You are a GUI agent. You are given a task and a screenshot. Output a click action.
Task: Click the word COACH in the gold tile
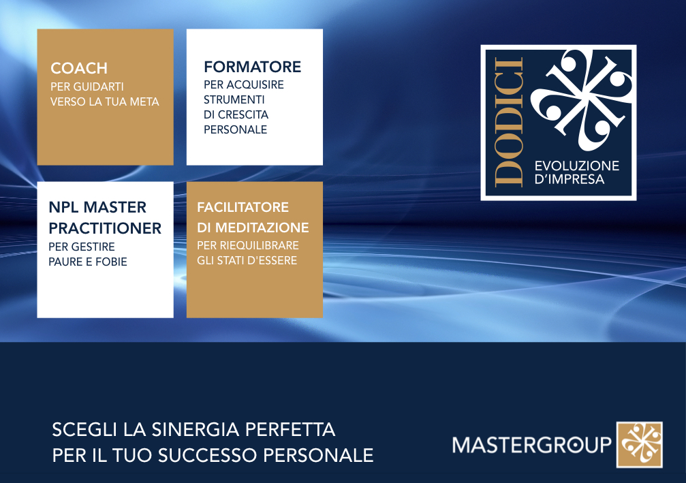pyautogui.click(x=79, y=68)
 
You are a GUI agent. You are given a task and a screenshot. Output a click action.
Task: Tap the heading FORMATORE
pyautogui.click(x=253, y=67)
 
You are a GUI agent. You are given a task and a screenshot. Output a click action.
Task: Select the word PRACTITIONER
pyautogui.click(x=105, y=228)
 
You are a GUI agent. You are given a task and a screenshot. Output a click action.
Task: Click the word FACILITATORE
pyautogui.click(x=243, y=207)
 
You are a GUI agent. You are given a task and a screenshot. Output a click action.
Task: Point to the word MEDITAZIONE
pyautogui.click(x=262, y=228)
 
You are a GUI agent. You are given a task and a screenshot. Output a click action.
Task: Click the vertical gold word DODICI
pyautogui.click(x=509, y=123)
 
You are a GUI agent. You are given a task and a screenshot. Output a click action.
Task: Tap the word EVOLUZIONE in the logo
pyautogui.click(x=577, y=166)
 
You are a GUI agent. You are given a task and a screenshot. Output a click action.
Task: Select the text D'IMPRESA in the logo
pyautogui.click(x=570, y=179)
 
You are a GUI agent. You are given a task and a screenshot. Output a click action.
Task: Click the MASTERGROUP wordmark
pyautogui.click(x=531, y=446)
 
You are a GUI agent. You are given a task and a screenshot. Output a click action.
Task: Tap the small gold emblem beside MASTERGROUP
pyautogui.click(x=640, y=445)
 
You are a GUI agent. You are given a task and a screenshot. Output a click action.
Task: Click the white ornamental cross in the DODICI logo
pyautogui.click(x=581, y=99)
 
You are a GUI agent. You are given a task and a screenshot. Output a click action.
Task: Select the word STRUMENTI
pyautogui.click(x=234, y=99)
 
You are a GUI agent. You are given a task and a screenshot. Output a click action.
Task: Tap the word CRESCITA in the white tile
pyautogui.click(x=243, y=114)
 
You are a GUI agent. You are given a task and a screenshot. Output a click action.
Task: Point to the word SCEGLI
pyautogui.click(x=85, y=430)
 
